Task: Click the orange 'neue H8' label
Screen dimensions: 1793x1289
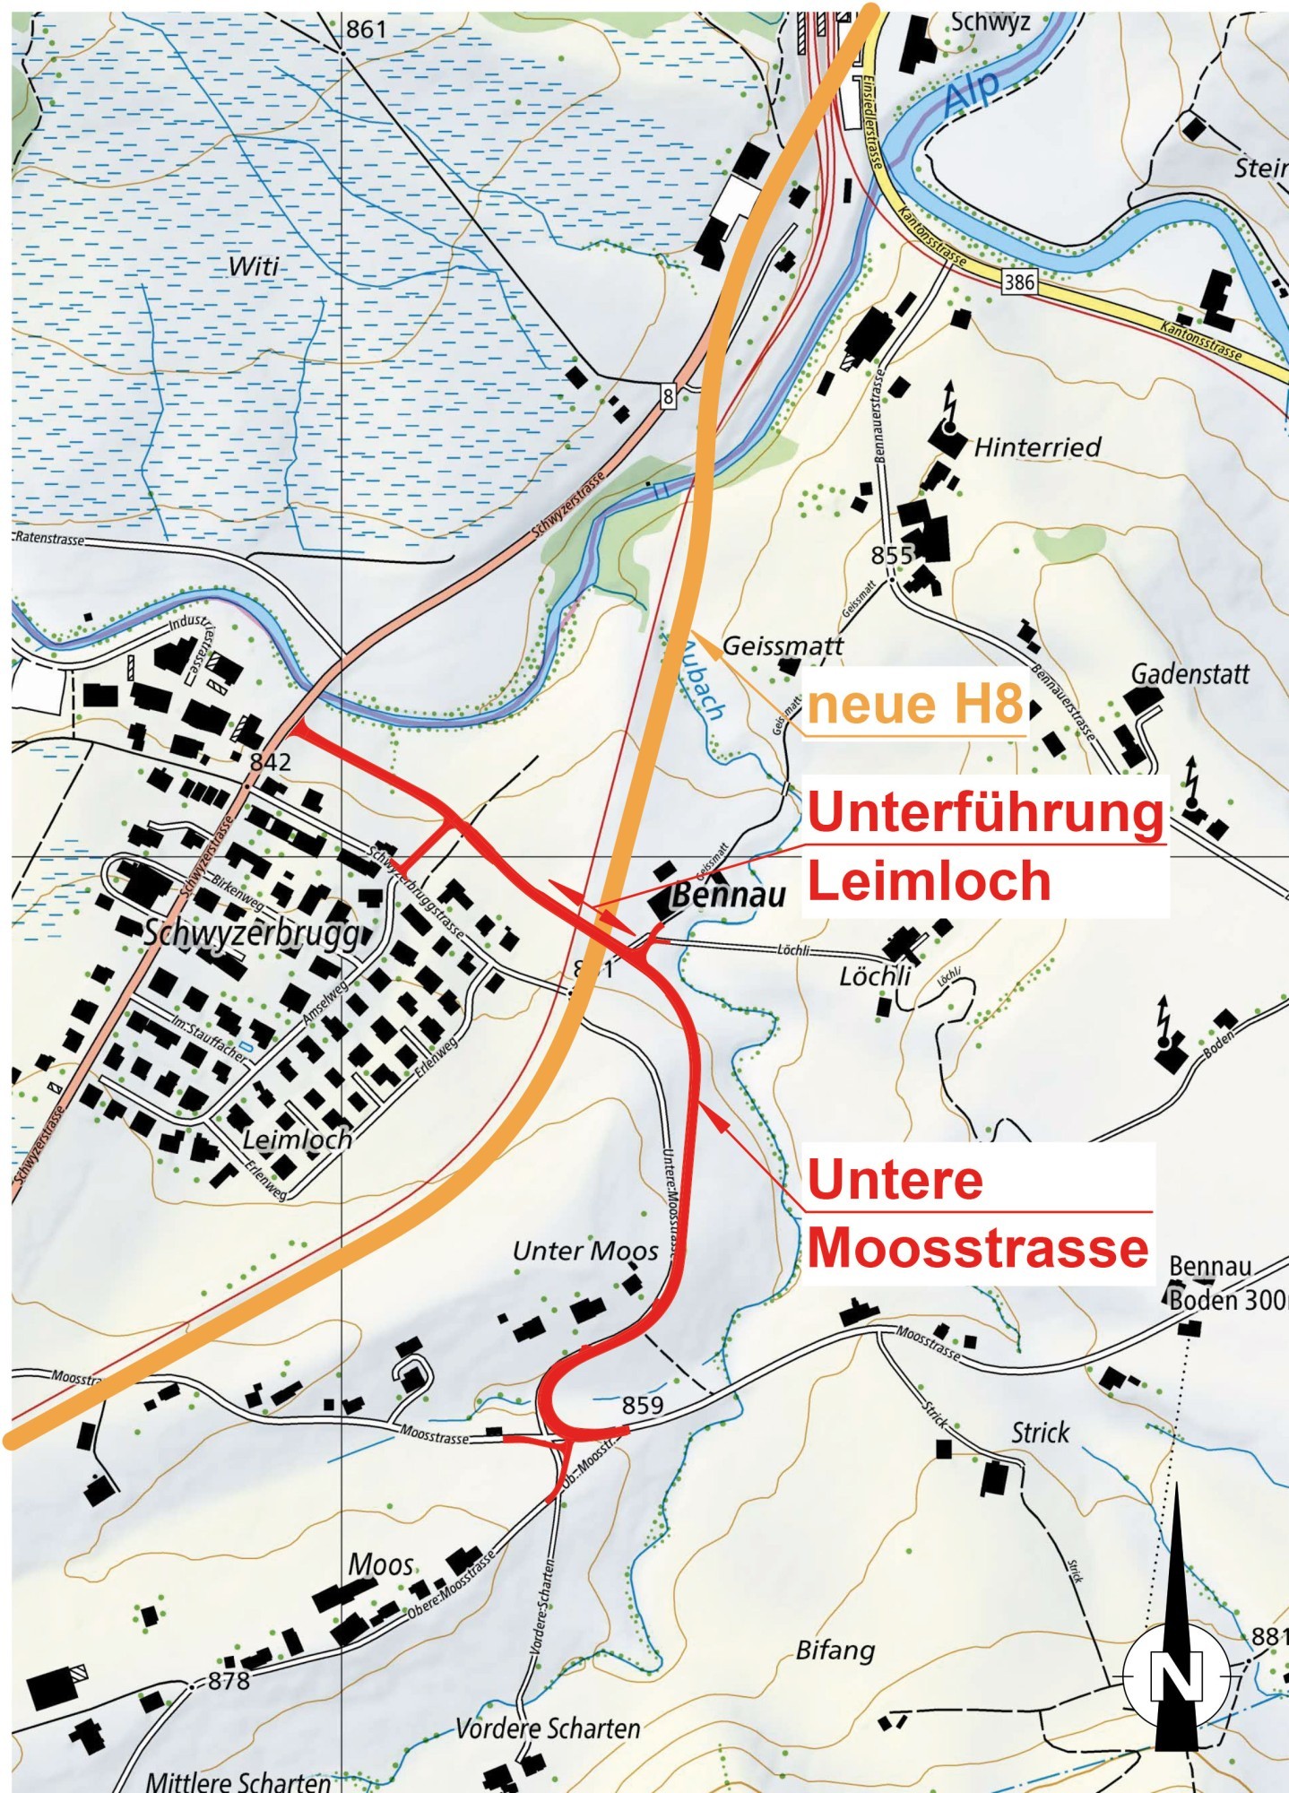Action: tap(914, 705)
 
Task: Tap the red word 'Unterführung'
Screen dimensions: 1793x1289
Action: tap(985, 812)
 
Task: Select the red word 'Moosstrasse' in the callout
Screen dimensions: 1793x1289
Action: tap(978, 1247)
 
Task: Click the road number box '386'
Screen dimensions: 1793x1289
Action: tap(1019, 282)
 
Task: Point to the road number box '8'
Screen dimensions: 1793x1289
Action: tap(668, 395)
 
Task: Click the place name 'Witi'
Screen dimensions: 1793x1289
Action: tap(254, 266)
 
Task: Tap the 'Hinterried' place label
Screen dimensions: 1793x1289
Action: tap(1037, 446)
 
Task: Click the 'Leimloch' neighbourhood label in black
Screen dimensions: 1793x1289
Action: tap(297, 1139)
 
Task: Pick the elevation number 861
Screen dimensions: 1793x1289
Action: tap(366, 30)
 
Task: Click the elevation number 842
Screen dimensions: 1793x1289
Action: tap(271, 761)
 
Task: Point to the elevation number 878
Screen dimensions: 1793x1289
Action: tap(229, 1681)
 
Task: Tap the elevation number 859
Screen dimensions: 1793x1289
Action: tap(643, 1405)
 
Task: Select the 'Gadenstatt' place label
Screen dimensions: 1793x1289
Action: tap(1190, 673)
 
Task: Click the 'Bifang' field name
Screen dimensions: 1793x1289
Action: tap(835, 1650)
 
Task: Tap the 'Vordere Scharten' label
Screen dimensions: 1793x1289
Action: tap(548, 1728)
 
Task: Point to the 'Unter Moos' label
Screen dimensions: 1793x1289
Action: tap(585, 1251)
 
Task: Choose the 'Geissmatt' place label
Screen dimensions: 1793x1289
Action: tap(783, 645)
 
